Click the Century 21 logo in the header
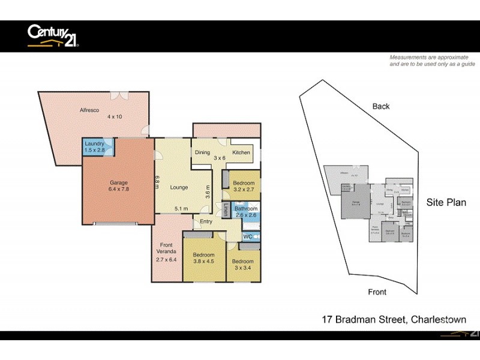(53, 35)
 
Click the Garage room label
(119, 187)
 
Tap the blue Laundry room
(95, 146)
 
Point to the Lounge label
(179, 187)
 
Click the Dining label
(202, 152)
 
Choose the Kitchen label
(241, 152)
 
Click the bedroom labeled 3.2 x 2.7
(244, 187)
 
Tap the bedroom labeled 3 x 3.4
(244, 265)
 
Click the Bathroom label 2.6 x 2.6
(246, 212)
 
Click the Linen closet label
(226, 211)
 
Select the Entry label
(206, 221)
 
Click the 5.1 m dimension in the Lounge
(179, 208)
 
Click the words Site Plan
(446, 202)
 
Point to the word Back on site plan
(381, 106)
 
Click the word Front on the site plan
(377, 292)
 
